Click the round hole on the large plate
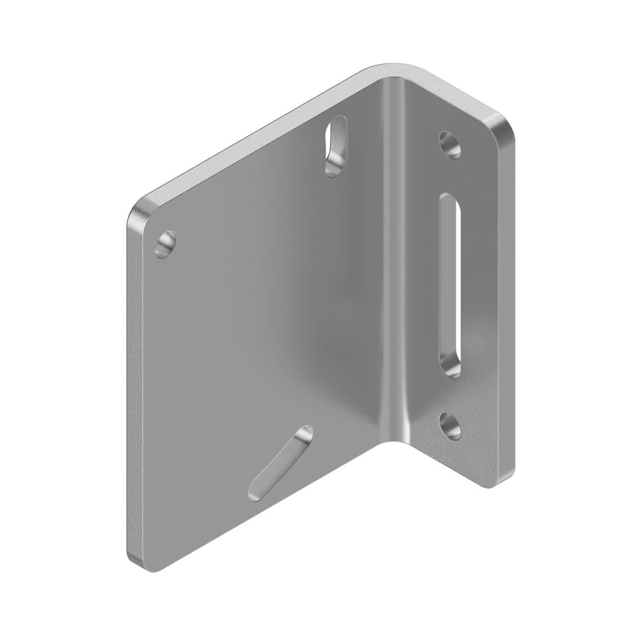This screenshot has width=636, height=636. [x=166, y=244]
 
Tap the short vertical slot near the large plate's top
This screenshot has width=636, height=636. [x=335, y=145]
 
